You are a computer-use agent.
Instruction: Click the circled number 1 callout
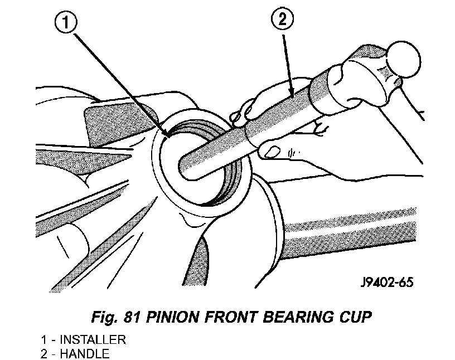[66, 22]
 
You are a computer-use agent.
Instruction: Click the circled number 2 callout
[282, 19]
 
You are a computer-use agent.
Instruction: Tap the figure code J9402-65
[387, 282]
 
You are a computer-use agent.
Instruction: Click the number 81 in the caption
[132, 317]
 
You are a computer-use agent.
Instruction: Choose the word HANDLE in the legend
[84, 354]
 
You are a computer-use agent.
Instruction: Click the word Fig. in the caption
[104, 317]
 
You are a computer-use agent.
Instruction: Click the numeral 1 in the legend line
[43, 340]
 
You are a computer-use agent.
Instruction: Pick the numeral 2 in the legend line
[44, 354]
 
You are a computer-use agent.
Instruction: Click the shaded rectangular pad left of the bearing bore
[116, 123]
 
